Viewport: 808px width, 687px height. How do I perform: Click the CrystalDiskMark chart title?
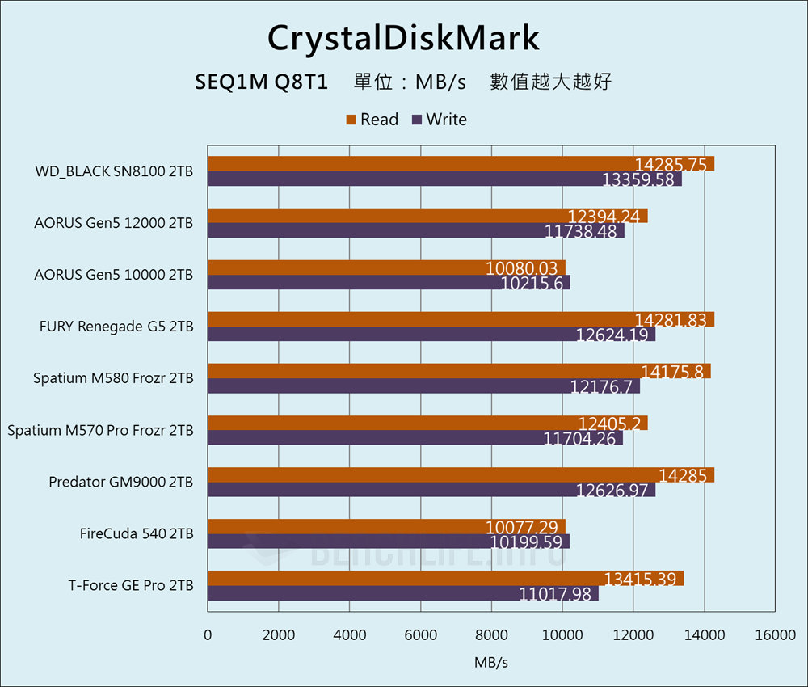point(403,38)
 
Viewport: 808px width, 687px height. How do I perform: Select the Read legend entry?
point(372,120)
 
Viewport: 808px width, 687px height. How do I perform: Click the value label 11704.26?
point(579,438)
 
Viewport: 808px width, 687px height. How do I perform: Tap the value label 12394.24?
point(604,216)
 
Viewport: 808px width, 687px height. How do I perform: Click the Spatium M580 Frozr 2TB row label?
point(113,378)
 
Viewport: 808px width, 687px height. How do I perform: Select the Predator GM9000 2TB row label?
point(120,482)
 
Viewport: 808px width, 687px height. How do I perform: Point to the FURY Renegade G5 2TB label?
point(116,327)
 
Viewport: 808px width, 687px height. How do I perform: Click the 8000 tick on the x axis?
point(491,635)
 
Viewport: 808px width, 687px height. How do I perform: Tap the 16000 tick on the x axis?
point(774,635)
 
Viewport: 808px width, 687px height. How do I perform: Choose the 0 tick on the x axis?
point(208,635)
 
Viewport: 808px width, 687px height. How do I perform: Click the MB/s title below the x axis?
point(491,663)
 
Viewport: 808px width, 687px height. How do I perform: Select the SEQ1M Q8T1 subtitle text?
point(261,82)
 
